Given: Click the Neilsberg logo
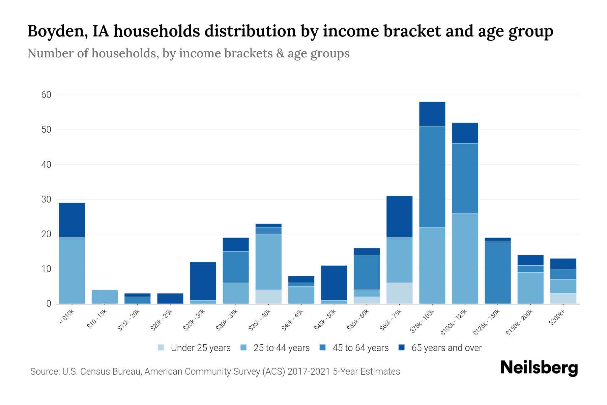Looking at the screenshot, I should click(539, 368).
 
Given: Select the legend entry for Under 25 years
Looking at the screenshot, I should click(194, 348).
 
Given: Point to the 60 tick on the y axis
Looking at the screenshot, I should click(46, 95).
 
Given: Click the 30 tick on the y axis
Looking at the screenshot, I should click(46, 199).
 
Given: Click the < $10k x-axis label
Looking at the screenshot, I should click(67, 317).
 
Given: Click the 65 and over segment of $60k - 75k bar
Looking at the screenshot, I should click(399, 217).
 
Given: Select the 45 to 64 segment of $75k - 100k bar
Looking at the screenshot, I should click(432, 177).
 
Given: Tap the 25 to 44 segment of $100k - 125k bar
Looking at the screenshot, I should click(465, 258).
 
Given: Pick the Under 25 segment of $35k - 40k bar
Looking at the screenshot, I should click(269, 297).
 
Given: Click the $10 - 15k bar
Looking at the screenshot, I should click(105, 297).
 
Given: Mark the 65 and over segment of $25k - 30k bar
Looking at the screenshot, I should click(203, 281).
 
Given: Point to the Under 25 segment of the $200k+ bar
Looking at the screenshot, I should click(563, 298).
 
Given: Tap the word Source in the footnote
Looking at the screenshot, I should click(44, 372).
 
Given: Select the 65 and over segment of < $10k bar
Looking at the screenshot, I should click(72, 220).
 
